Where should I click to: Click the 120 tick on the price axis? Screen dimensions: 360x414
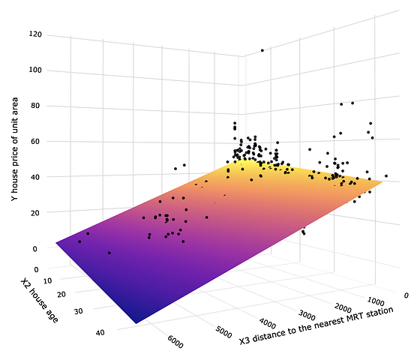pyautogui.click(x=35, y=34)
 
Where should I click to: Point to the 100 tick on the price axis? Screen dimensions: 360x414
pyautogui.click(x=35, y=70)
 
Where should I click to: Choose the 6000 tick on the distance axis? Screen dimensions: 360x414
pyautogui.click(x=176, y=342)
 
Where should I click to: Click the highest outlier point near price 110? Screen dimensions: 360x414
pyautogui.click(x=262, y=50)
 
